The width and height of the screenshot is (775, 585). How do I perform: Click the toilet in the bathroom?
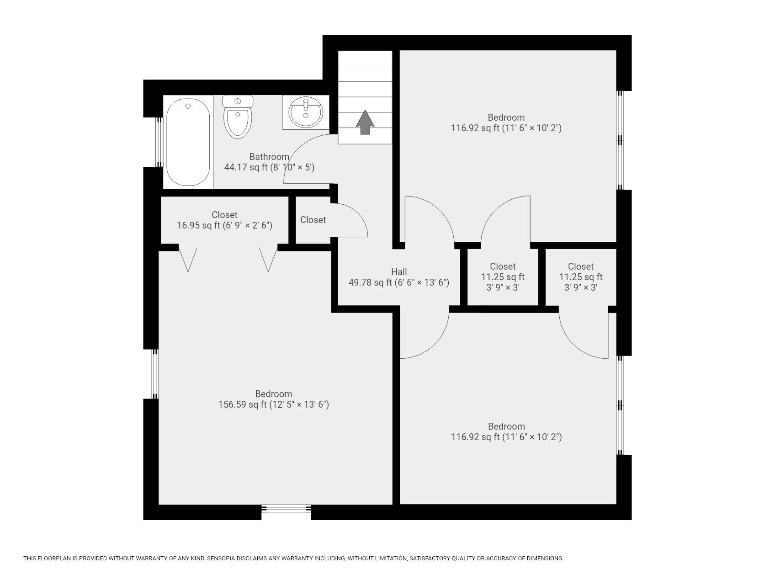tap(238, 118)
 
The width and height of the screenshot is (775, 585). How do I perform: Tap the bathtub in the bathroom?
tap(188, 142)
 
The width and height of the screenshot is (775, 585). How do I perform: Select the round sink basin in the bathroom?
tap(305, 112)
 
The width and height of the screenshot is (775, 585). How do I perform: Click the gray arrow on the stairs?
tap(365, 122)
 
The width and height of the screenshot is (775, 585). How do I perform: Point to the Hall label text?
tap(398, 272)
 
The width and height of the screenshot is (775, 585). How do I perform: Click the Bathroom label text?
tap(269, 157)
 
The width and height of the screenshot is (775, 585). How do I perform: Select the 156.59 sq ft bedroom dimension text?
tap(273, 404)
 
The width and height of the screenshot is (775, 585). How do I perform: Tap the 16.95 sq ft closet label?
tap(224, 225)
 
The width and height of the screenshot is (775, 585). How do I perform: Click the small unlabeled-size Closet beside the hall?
tap(313, 220)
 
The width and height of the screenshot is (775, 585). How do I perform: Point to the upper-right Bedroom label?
tap(506, 117)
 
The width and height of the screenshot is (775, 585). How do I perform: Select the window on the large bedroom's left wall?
tap(155, 374)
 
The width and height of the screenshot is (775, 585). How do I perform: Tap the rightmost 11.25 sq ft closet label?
tap(581, 277)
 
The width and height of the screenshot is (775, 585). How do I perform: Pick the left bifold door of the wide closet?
tap(187, 259)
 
